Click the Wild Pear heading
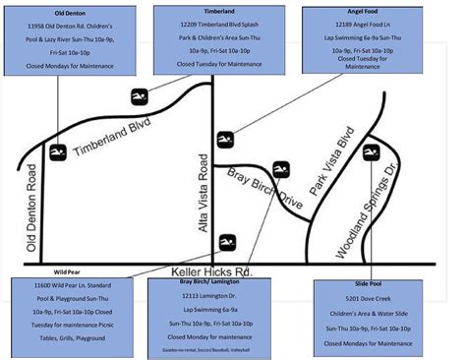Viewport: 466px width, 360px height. (x=67, y=271)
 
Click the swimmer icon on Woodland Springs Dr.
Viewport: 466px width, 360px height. (x=371, y=150)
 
